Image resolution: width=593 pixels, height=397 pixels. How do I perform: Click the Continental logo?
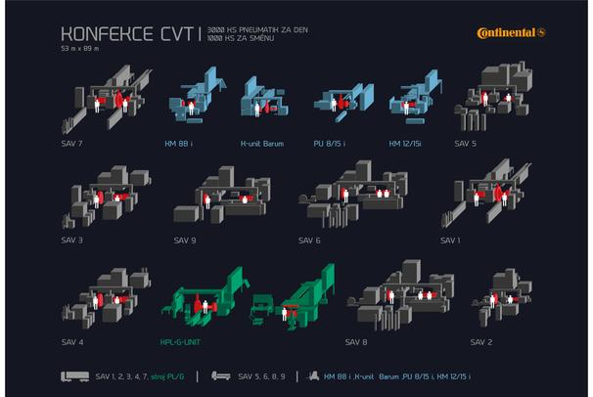511,33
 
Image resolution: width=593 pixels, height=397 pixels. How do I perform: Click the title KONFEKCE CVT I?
131,34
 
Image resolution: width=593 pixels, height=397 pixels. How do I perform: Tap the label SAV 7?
71,144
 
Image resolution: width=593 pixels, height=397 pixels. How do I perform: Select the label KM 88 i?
178,144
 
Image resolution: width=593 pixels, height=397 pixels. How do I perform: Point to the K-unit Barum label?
262,144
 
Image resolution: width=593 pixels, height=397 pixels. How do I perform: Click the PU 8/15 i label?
329,144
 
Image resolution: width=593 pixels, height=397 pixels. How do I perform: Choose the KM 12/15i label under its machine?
405,144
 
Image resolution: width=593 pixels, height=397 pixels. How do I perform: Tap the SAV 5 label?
465,144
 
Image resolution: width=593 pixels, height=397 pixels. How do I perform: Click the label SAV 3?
71,240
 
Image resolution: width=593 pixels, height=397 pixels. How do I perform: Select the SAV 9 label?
185,241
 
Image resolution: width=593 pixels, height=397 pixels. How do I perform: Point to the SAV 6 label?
309,241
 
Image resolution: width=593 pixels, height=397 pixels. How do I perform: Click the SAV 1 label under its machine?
450,241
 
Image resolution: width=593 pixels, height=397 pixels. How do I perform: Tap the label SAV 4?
72,342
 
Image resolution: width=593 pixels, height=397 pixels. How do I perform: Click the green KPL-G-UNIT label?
180,342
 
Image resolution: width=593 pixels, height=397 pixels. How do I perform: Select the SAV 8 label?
356,342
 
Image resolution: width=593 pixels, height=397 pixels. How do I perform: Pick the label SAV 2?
481,342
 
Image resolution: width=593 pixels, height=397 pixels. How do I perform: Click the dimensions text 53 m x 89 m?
80,48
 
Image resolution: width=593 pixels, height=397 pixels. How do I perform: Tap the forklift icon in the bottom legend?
312,375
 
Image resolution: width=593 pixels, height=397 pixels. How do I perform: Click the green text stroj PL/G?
167,376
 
